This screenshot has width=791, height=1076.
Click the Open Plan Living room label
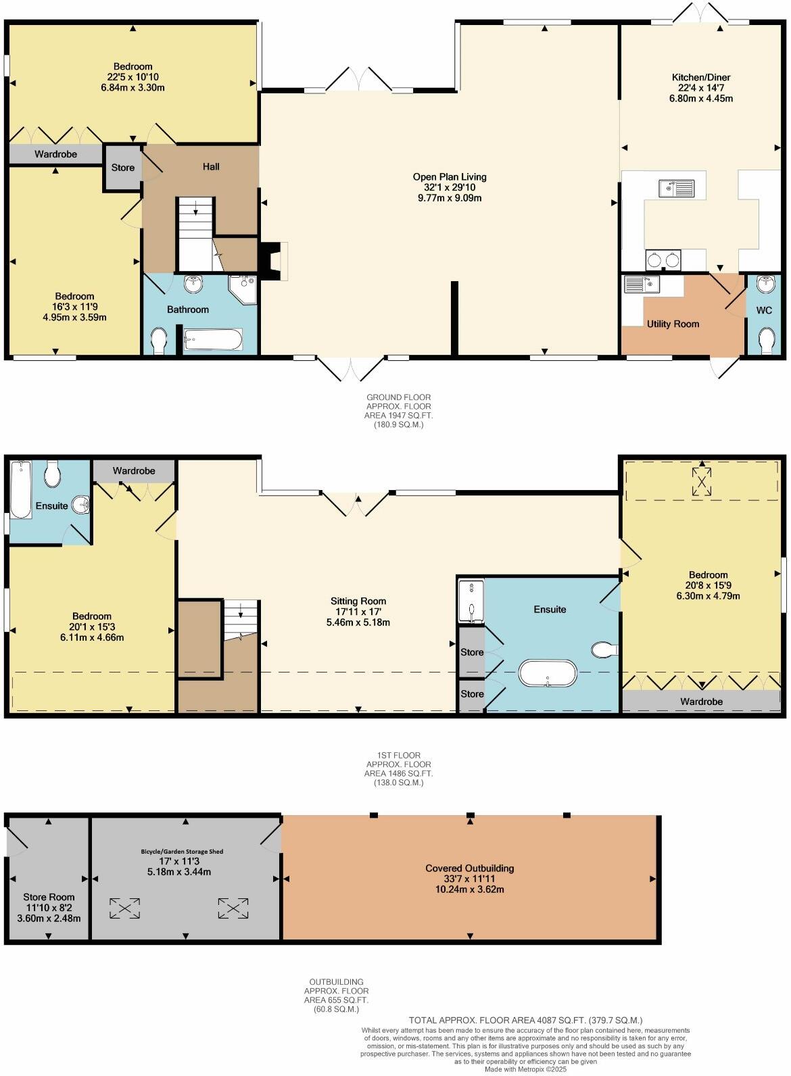pyautogui.click(x=450, y=177)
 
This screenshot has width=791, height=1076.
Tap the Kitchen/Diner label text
pyautogui.click(x=700, y=77)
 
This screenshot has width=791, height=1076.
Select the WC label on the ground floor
pyautogui.click(x=764, y=310)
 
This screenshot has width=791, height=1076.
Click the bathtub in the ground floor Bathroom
pyautogui.click(x=212, y=339)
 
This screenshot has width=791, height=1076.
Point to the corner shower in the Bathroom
pyautogui.click(x=243, y=289)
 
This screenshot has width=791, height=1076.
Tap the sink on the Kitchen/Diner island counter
pyautogui.click(x=676, y=188)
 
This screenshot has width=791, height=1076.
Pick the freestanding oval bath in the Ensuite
pyautogui.click(x=548, y=673)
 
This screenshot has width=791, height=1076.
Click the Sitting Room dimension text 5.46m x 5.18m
pyautogui.click(x=358, y=622)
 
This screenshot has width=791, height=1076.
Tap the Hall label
pyautogui.click(x=211, y=167)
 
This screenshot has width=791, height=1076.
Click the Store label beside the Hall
pyautogui.click(x=122, y=168)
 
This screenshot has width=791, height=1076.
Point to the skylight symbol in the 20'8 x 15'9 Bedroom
pyautogui.click(x=702, y=481)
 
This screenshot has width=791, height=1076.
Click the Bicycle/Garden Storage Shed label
pyautogui.click(x=182, y=851)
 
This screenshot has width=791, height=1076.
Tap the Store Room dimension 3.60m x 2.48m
pyautogui.click(x=49, y=918)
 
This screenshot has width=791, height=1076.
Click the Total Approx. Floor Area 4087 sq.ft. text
pyautogui.click(x=525, y=1020)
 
